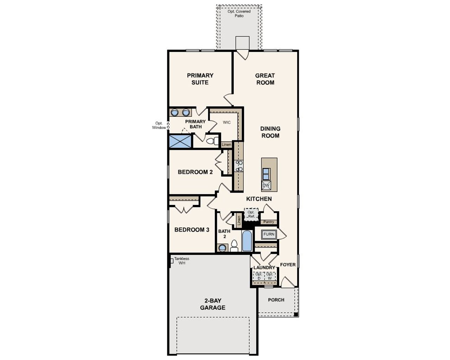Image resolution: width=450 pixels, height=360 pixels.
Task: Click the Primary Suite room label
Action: [x=200, y=79]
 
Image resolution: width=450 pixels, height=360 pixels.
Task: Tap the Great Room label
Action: [x=265, y=79]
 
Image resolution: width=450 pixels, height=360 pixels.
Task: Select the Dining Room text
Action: [x=270, y=132]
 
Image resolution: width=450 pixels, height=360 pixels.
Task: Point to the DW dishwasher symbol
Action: [x=266, y=185]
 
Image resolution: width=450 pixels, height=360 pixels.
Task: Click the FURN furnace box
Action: [x=269, y=234]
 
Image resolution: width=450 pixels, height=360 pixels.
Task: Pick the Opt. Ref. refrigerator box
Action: [x=251, y=214]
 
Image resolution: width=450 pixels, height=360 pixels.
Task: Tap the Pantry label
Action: [x=269, y=222]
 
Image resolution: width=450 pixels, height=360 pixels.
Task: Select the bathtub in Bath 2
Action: [x=247, y=241]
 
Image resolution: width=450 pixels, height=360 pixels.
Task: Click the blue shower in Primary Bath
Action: [x=180, y=141]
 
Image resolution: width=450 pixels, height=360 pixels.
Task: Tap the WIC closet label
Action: [x=227, y=122]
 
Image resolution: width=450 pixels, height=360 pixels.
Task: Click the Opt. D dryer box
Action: [x=259, y=276]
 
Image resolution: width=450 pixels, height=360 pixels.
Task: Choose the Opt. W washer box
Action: [x=270, y=276]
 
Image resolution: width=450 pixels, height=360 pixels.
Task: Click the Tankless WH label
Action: [x=181, y=261]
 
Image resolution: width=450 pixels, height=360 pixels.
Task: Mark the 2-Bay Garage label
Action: [x=213, y=304]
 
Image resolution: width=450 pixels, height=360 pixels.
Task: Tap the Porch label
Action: [x=276, y=300]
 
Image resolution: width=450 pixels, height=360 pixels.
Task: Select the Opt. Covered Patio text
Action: [x=239, y=14]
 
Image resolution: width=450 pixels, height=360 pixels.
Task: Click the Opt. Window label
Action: [x=159, y=126]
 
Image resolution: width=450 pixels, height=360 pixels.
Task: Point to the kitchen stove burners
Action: [x=239, y=166]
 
